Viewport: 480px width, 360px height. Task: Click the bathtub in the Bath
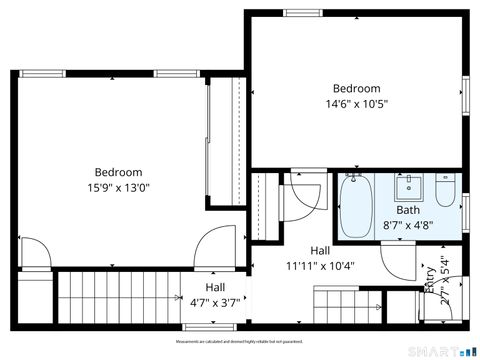(x=355, y=204)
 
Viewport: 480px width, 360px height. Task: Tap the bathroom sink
(x=409, y=186)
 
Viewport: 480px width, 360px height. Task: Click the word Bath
(x=408, y=211)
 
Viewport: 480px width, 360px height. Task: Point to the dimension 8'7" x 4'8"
(x=408, y=226)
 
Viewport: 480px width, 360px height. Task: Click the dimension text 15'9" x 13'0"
(x=119, y=187)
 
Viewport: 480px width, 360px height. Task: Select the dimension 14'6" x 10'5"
(x=356, y=103)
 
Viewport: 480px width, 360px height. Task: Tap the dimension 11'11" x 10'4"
(x=320, y=266)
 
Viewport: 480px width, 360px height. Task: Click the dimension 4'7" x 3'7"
(x=215, y=302)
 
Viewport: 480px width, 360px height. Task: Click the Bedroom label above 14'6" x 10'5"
(x=356, y=88)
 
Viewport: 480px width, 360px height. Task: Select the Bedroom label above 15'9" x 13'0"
(x=119, y=172)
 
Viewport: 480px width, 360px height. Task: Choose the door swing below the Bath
(x=399, y=263)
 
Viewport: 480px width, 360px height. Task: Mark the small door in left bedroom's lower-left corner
(x=32, y=254)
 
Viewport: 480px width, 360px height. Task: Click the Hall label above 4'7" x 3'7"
(x=215, y=287)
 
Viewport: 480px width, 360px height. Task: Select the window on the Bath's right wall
(x=466, y=212)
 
